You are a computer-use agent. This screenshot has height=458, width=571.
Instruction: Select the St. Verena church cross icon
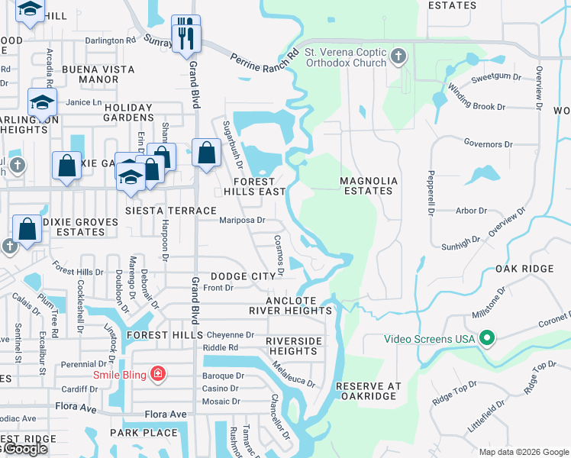(398, 56)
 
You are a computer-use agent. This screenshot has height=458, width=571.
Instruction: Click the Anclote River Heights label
(291, 305)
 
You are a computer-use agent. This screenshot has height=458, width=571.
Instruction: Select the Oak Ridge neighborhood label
(524, 269)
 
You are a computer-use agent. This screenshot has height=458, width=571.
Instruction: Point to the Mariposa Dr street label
(242, 221)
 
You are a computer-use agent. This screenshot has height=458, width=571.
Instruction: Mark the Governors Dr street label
(489, 144)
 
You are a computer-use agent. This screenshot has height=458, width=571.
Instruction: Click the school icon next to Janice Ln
(42, 102)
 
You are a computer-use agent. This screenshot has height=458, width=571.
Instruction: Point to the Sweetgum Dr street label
(496, 78)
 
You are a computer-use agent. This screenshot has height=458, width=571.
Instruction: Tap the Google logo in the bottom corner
(24, 450)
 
